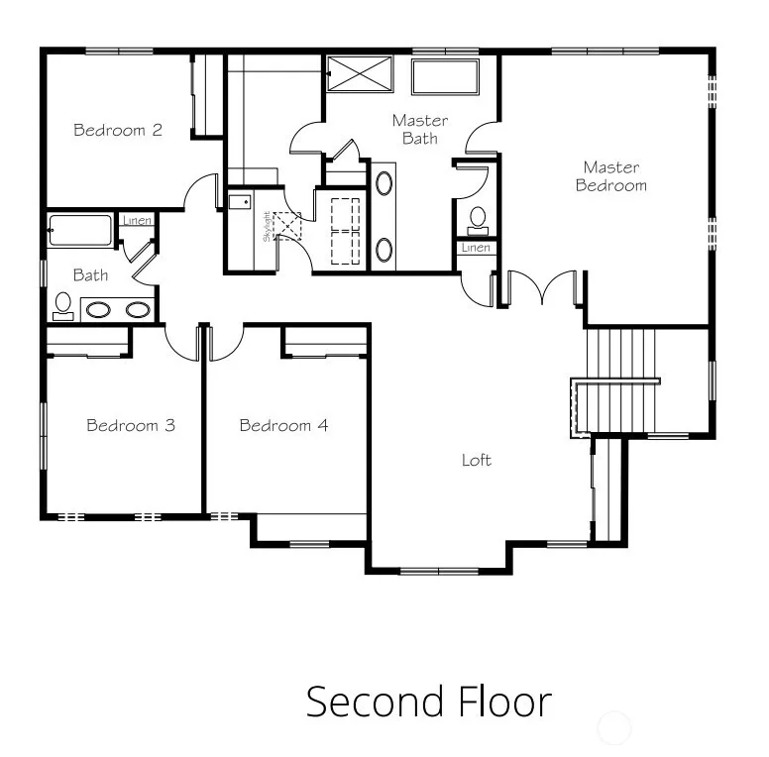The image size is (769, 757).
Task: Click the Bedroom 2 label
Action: pos(118,130)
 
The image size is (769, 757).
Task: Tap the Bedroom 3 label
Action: pos(131,425)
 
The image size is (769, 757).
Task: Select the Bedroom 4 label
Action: pos(283,425)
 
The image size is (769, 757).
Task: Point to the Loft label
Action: pos(477,460)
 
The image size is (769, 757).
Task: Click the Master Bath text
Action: pos(420,130)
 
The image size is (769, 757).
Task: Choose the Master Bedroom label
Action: pos(611,176)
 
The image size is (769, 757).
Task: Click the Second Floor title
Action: pos(429,703)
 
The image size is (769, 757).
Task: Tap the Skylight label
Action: pos(267,227)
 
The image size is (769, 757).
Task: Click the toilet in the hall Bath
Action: pos(62,307)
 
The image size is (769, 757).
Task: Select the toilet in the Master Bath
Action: pos(478,222)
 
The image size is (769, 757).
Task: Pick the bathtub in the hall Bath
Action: pos(80,231)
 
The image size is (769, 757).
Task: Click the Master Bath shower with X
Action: pos(360,73)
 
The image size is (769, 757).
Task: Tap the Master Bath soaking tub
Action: pos(445,76)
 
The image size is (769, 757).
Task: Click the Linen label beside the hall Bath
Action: pos(137,220)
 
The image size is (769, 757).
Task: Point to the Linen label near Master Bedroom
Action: pos(476,248)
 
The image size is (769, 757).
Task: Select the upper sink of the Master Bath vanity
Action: pos(384,183)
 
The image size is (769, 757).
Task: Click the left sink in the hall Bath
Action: pos(98,310)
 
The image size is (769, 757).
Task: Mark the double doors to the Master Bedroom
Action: pos(541,287)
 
